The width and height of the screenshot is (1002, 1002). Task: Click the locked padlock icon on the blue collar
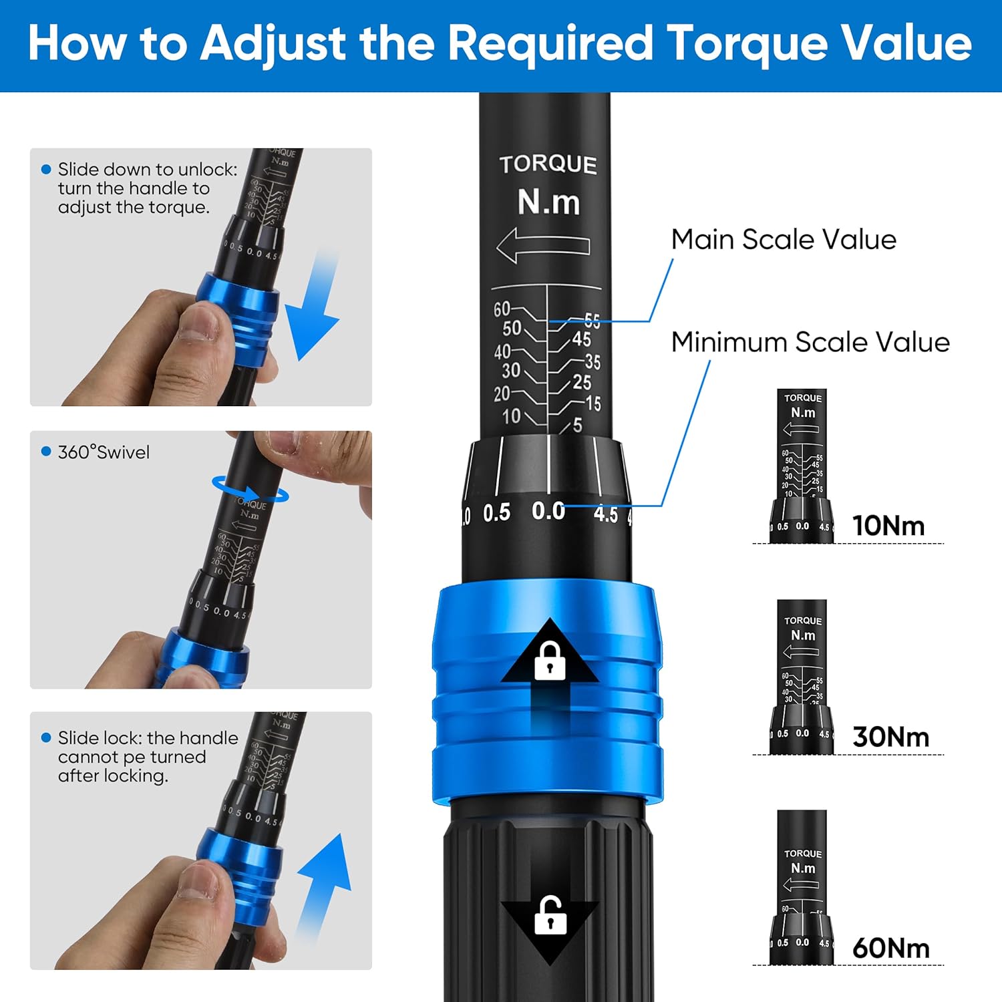pos(550,661)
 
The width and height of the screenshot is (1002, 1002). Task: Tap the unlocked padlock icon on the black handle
pos(550,916)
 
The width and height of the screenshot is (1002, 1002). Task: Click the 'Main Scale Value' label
pos(783,239)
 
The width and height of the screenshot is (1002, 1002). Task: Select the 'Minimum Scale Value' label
pos(810,342)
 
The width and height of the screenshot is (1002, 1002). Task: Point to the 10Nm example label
pos(888,526)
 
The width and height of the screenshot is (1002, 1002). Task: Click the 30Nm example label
pos(890,737)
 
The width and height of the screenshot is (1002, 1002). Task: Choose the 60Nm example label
pos(890,948)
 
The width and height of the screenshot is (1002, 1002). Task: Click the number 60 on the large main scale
pos(502,309)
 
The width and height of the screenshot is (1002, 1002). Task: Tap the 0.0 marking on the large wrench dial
pos(548,511)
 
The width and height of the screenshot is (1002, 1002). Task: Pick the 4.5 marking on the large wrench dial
pos(605,514)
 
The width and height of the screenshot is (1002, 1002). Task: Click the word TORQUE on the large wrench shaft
pos(548,164)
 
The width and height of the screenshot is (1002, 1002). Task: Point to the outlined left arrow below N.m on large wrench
pos(543,245)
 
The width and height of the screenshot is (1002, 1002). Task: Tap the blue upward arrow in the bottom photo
pos(325,882)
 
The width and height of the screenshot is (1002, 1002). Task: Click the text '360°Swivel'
pos(104,452)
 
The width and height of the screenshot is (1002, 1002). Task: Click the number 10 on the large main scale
pos(511,416)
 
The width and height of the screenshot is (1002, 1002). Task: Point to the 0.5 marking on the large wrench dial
pos(496,513)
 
